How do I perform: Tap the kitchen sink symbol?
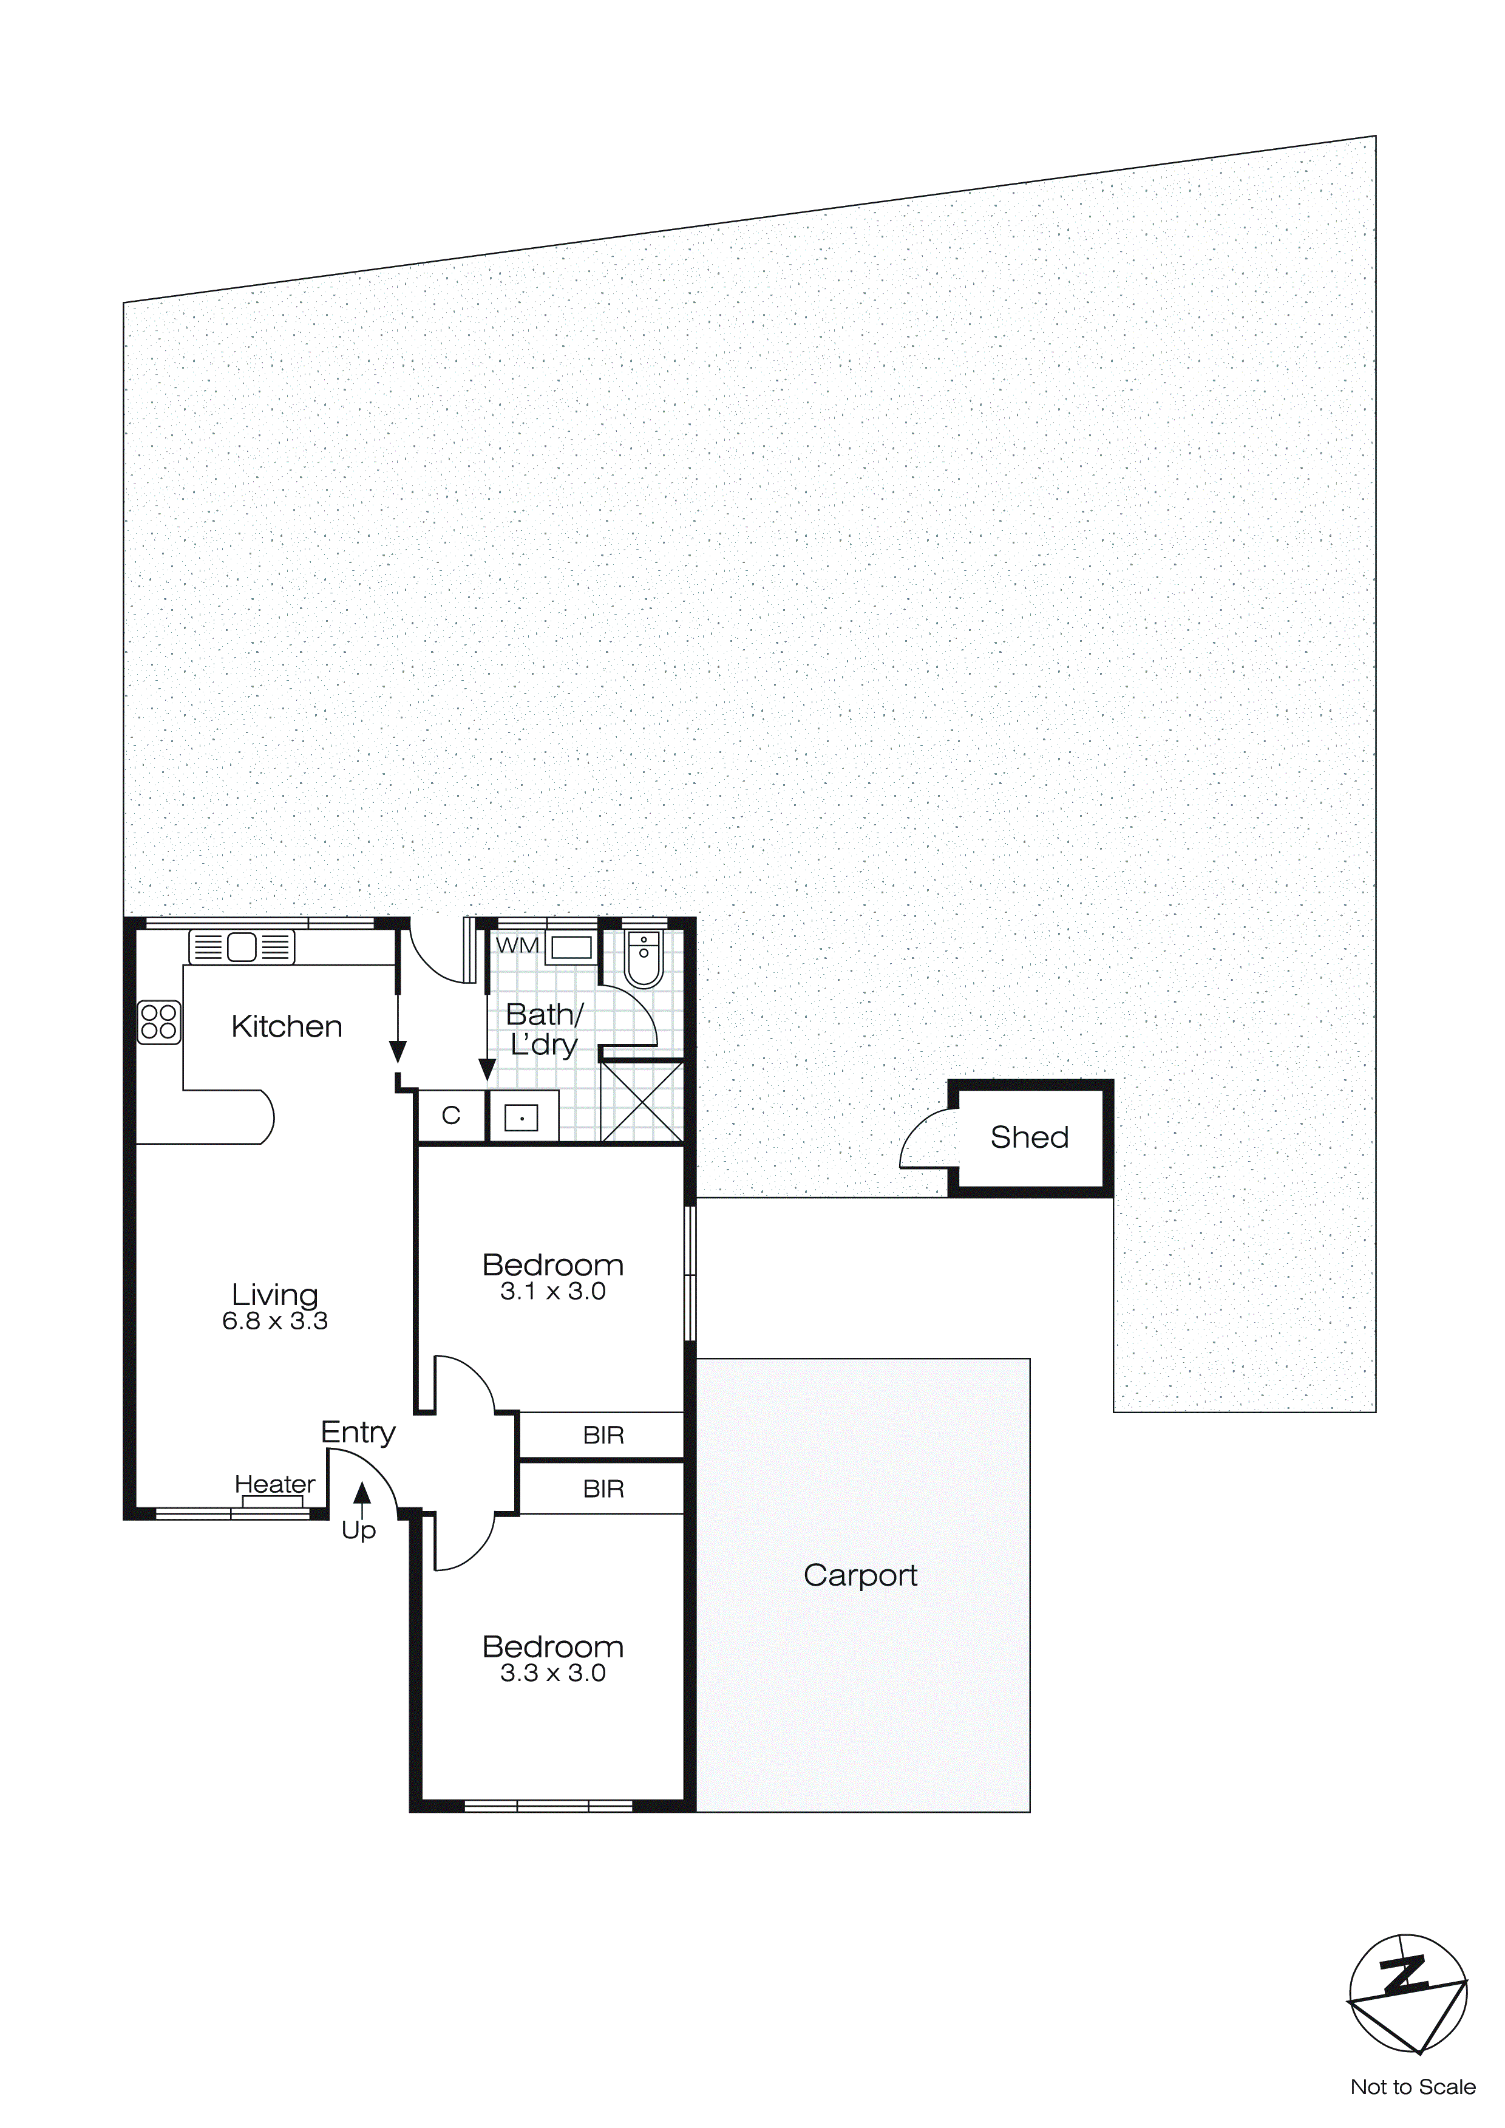click(x=242, y=947)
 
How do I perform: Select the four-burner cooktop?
click(x=158, y=1022)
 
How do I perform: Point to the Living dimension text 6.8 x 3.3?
click(x=275, y=1321)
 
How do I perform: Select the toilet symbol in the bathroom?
click(x=642, y=960)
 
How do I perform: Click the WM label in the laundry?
click(x=517, y=946)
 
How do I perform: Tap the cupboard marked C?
click(x=451, y=1115)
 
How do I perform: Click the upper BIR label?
click(x=603, y=1436)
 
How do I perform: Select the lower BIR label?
click(x=603, y=1489)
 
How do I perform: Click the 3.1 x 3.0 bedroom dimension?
click(x=553, y=1292)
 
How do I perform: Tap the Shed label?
click(x=1030, y=1137)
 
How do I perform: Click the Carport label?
click(x=860, y=1575)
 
